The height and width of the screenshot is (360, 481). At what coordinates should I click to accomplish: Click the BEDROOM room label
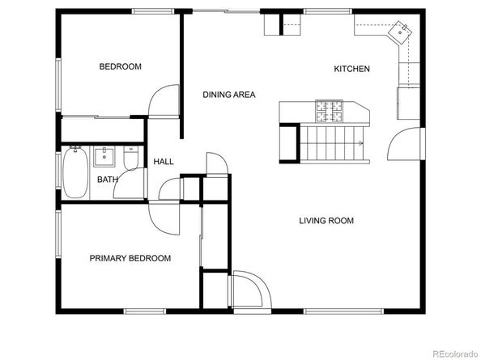(120, 66)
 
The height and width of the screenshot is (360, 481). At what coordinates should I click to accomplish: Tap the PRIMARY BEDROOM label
(130, 258)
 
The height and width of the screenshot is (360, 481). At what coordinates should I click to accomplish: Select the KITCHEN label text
(351, 69)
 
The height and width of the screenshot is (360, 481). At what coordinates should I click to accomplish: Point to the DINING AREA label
(229, 95)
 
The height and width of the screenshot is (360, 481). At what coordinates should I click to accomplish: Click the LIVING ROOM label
(326, 221)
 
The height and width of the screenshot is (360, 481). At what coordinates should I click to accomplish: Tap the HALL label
(164, 162)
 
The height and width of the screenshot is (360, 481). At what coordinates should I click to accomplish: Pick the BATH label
(108, 180)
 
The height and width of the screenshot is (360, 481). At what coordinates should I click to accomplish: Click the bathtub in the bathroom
(75, 172)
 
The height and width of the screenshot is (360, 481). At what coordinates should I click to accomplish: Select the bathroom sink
(104, 157)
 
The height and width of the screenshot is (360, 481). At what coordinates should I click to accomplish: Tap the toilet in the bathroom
(131, 158)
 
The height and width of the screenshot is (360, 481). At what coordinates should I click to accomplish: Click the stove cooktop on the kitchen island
(329, 111)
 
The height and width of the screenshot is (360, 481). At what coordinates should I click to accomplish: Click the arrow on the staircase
(360, 143)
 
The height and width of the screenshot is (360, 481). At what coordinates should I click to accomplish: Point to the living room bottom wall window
(343, 311)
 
